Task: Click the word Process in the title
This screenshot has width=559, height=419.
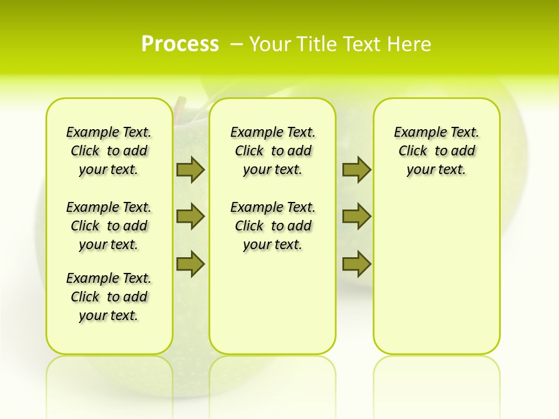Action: (x=180, y=44)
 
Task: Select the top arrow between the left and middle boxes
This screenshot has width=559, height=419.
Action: (x=190, y=169)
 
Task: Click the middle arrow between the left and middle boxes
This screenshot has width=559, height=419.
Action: (x=190, y=216)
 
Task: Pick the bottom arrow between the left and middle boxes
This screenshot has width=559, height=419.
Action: (x=190, y=264)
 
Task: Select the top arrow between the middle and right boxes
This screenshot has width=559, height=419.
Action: (x=356, y=169)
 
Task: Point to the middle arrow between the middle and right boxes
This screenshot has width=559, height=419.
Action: (x=356, y=216)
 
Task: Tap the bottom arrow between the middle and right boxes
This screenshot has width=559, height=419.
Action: (x=356, y=264)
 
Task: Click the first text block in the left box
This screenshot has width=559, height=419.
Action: (x=109, y=151)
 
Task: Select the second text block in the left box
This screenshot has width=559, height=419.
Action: (x=109, y=226)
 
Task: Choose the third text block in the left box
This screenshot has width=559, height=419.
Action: (x=109, y=297)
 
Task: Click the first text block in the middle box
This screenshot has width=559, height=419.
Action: (x=273, y=151)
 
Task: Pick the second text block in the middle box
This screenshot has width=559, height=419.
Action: (x=273, y=226)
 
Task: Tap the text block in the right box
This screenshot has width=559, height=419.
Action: (x=436, y=151)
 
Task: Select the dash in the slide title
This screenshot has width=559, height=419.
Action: (x=236, y=44)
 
